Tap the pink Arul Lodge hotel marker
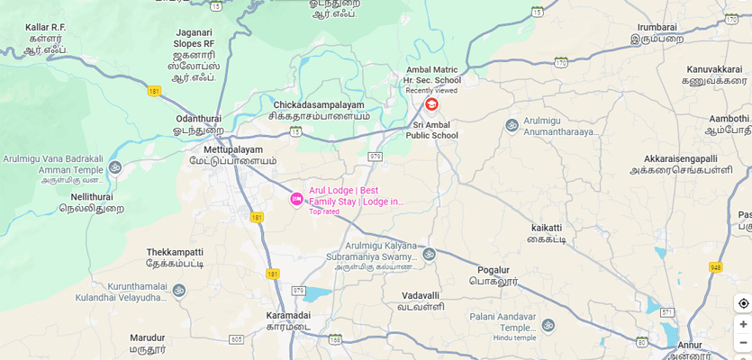(296, 199)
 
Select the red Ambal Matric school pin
(431, 104)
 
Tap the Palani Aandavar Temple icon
(548, 325)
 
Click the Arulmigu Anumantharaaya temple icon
(512, 125)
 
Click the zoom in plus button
(743, 324)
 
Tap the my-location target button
(743, 303)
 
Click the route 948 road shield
(715, 267)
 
